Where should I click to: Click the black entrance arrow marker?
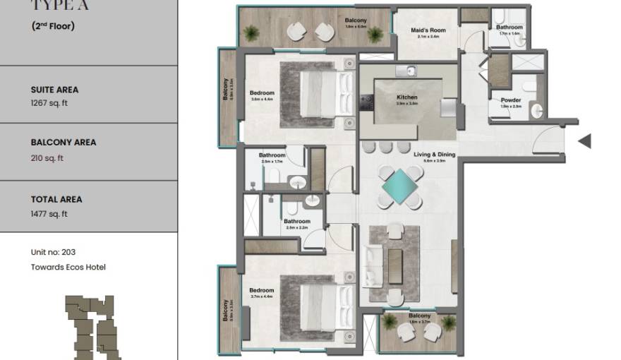584,141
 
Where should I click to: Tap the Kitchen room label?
407,97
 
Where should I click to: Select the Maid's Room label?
428,30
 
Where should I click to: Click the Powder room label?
511,100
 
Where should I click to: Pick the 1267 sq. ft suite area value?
49,103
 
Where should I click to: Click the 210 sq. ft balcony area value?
47,158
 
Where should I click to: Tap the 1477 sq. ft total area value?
49,214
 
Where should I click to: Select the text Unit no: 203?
54,253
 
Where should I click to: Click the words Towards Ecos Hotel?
68,267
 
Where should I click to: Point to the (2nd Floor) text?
53,27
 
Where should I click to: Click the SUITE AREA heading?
54,90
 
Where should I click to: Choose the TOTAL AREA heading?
56,200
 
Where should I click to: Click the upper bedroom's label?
262,93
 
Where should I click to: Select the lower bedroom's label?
261,290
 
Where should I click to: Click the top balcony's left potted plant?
251,32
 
